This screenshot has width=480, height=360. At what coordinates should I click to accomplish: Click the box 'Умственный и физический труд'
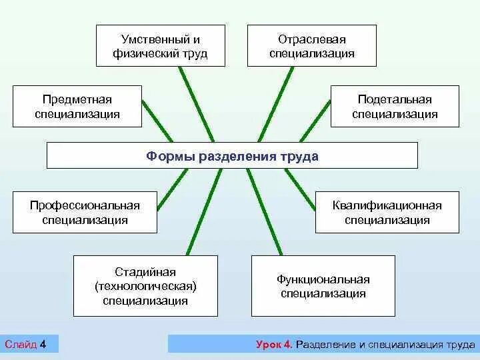(160, 45)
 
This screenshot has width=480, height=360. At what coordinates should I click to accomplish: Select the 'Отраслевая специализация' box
(312, 45)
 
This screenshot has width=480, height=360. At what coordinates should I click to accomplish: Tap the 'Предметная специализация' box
(77, 106)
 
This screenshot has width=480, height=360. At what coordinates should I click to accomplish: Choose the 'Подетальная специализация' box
(395, 106)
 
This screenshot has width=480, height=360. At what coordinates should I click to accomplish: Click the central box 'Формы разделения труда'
(232, 156)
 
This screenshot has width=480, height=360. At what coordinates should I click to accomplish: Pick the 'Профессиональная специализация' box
(85, 212)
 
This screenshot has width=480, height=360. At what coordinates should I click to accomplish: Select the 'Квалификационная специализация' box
(387, 212)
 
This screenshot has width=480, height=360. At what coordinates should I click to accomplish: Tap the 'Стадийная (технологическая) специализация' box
(145, 286)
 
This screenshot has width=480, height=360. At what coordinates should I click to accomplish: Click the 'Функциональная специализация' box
(323, 286)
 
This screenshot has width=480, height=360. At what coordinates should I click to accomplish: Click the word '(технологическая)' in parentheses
(145, 286)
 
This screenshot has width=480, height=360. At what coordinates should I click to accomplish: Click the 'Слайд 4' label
(25, 344)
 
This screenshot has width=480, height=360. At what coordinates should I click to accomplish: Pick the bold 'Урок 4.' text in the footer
(273, 345)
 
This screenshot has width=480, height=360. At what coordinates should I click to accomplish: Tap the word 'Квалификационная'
(387, 205)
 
